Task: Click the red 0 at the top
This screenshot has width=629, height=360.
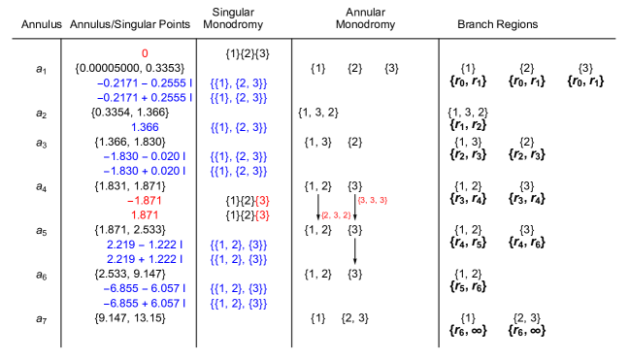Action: pos(145,53)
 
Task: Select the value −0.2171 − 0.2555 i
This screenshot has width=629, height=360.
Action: pos(145,83)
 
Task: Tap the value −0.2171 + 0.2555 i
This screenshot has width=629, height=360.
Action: pos(145,98)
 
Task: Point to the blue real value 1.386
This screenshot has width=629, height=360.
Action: pos(145,127)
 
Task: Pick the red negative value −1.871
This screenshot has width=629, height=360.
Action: pos(145,201)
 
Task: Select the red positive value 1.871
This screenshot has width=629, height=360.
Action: pos(145,215)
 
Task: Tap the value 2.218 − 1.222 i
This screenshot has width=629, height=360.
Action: pos(145,245)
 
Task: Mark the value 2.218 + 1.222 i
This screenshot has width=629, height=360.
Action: pos(145,259)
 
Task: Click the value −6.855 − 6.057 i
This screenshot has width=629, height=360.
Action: pos(145,288)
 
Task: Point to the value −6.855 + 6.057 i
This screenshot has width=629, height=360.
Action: pos(145,304)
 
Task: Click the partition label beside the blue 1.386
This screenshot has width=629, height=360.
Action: pos(239,127)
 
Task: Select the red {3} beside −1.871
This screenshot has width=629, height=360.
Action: pos(262,201)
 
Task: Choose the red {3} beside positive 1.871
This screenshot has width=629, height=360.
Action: pos(262,215)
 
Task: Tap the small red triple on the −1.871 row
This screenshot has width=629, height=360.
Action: pos(373,201)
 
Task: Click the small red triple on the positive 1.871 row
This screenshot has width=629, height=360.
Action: pos(336,215)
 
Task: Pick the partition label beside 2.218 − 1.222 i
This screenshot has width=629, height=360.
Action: pos(239,245)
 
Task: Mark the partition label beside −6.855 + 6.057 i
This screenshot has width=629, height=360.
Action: pos(239,304)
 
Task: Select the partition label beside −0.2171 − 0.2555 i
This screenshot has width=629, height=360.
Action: pos(239,83)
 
